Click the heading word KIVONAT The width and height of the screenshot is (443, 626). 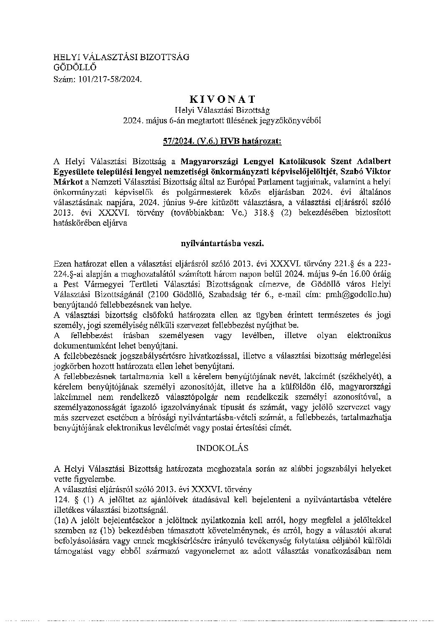(222, 99)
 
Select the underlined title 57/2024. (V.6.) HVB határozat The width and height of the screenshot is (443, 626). (222, 141)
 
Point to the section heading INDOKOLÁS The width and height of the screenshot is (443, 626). (222, 448)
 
